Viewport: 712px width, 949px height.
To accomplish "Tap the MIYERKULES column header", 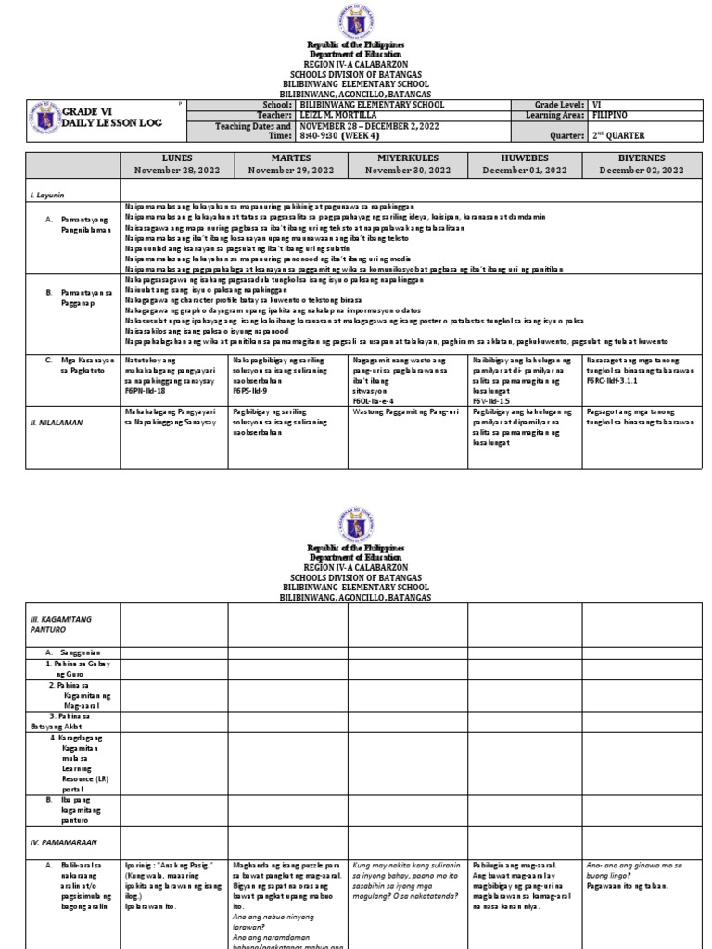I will (406, 158).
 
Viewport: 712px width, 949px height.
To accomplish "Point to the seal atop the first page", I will (356, 21).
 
